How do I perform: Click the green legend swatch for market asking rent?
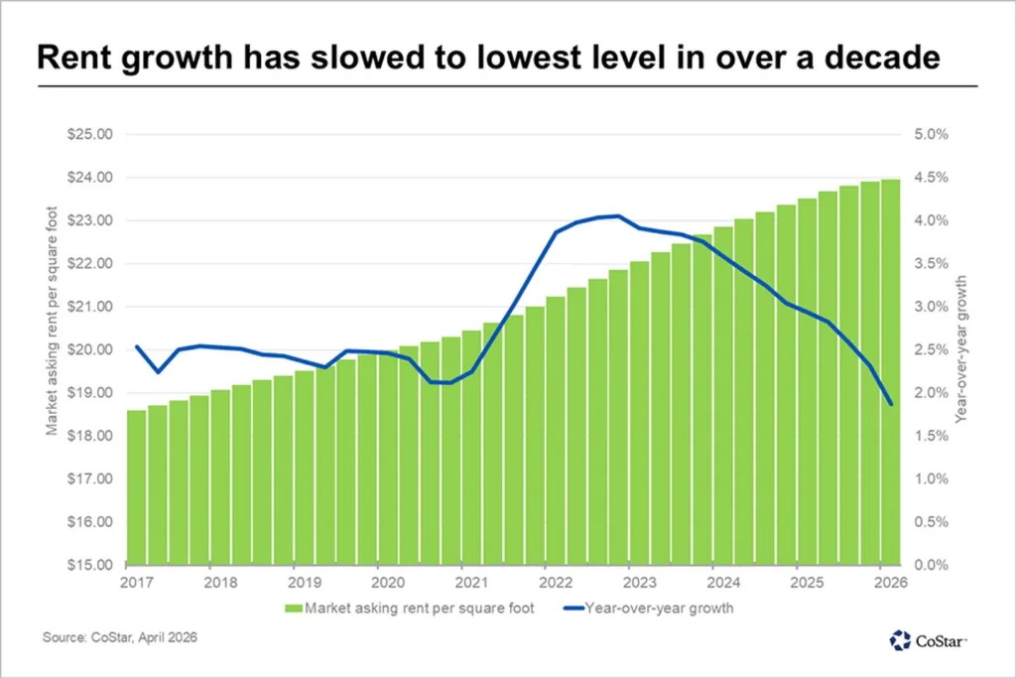pos(293,608)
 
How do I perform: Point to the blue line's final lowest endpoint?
pos(891,404)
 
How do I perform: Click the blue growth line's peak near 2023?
pos(618,215)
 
